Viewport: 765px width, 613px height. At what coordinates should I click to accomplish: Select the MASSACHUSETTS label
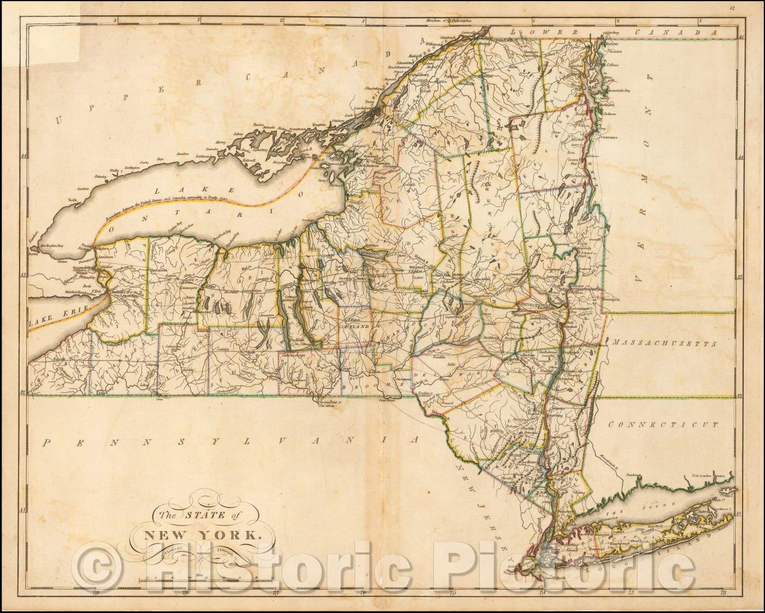click(663, 344)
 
